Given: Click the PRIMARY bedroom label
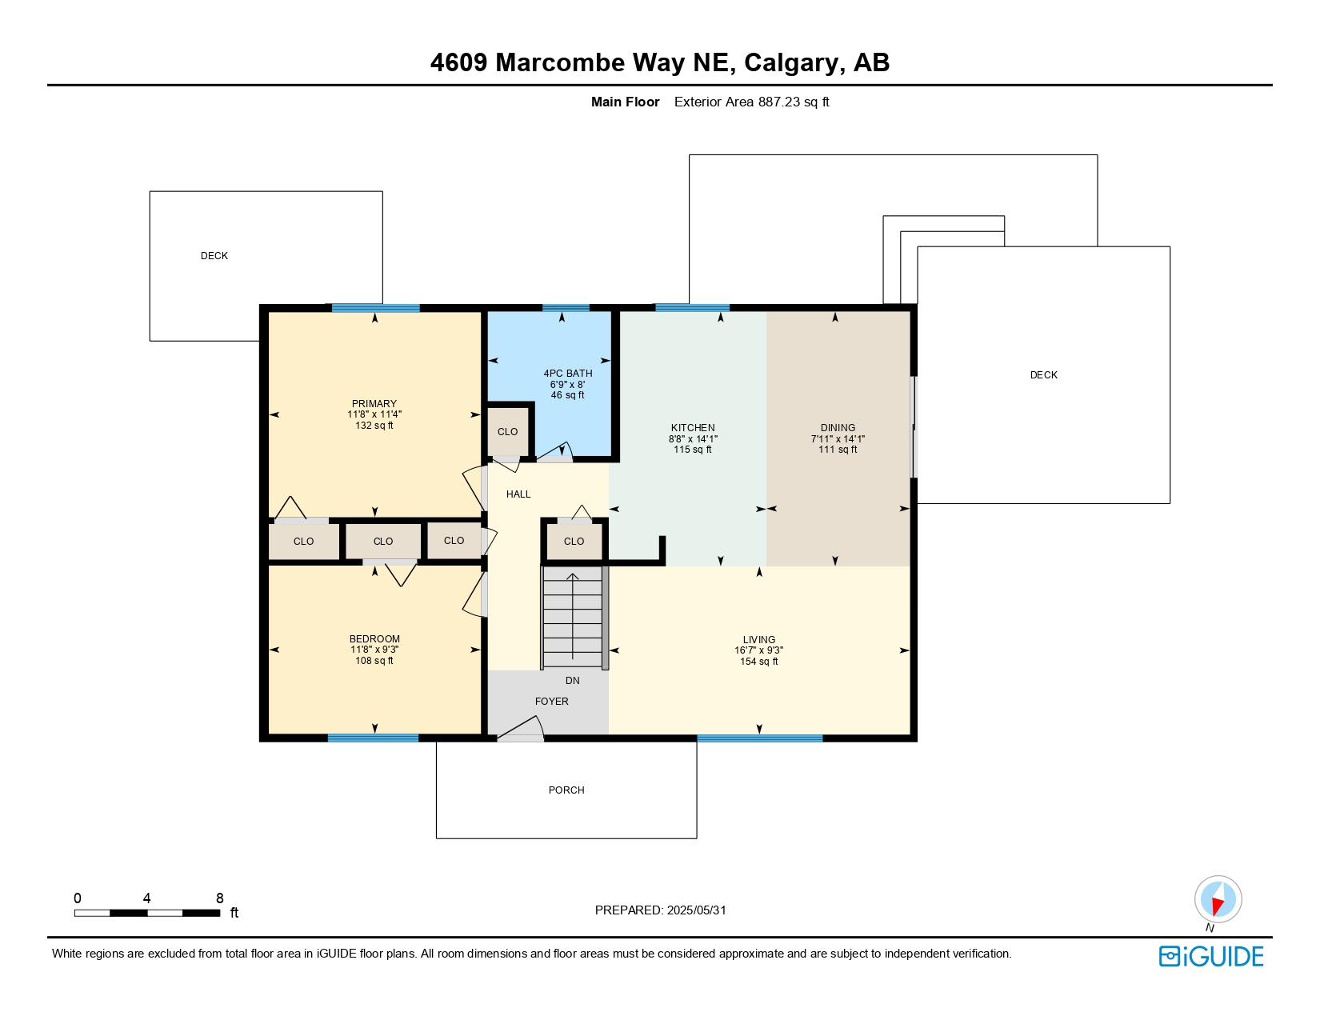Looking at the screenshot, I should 374,404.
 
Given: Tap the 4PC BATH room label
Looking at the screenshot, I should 568,374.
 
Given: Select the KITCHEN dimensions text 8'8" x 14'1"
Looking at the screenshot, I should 693,439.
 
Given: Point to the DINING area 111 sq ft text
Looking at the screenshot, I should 838,450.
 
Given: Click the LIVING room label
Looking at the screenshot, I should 758,640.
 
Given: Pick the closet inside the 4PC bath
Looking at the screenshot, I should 508,432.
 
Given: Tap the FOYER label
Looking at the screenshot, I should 551,702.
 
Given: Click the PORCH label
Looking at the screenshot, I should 566,790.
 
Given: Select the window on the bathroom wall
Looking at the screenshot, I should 566,308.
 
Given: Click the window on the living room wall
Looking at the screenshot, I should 759,738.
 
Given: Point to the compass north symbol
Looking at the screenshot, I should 1218,899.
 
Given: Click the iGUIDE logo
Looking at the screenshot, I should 1211,957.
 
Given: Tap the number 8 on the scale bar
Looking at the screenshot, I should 220,898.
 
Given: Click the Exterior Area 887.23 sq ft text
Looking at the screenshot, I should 751,102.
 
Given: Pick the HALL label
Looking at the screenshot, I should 518,494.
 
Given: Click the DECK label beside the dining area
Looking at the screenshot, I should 1043,375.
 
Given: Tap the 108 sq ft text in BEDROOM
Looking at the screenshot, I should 374,661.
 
